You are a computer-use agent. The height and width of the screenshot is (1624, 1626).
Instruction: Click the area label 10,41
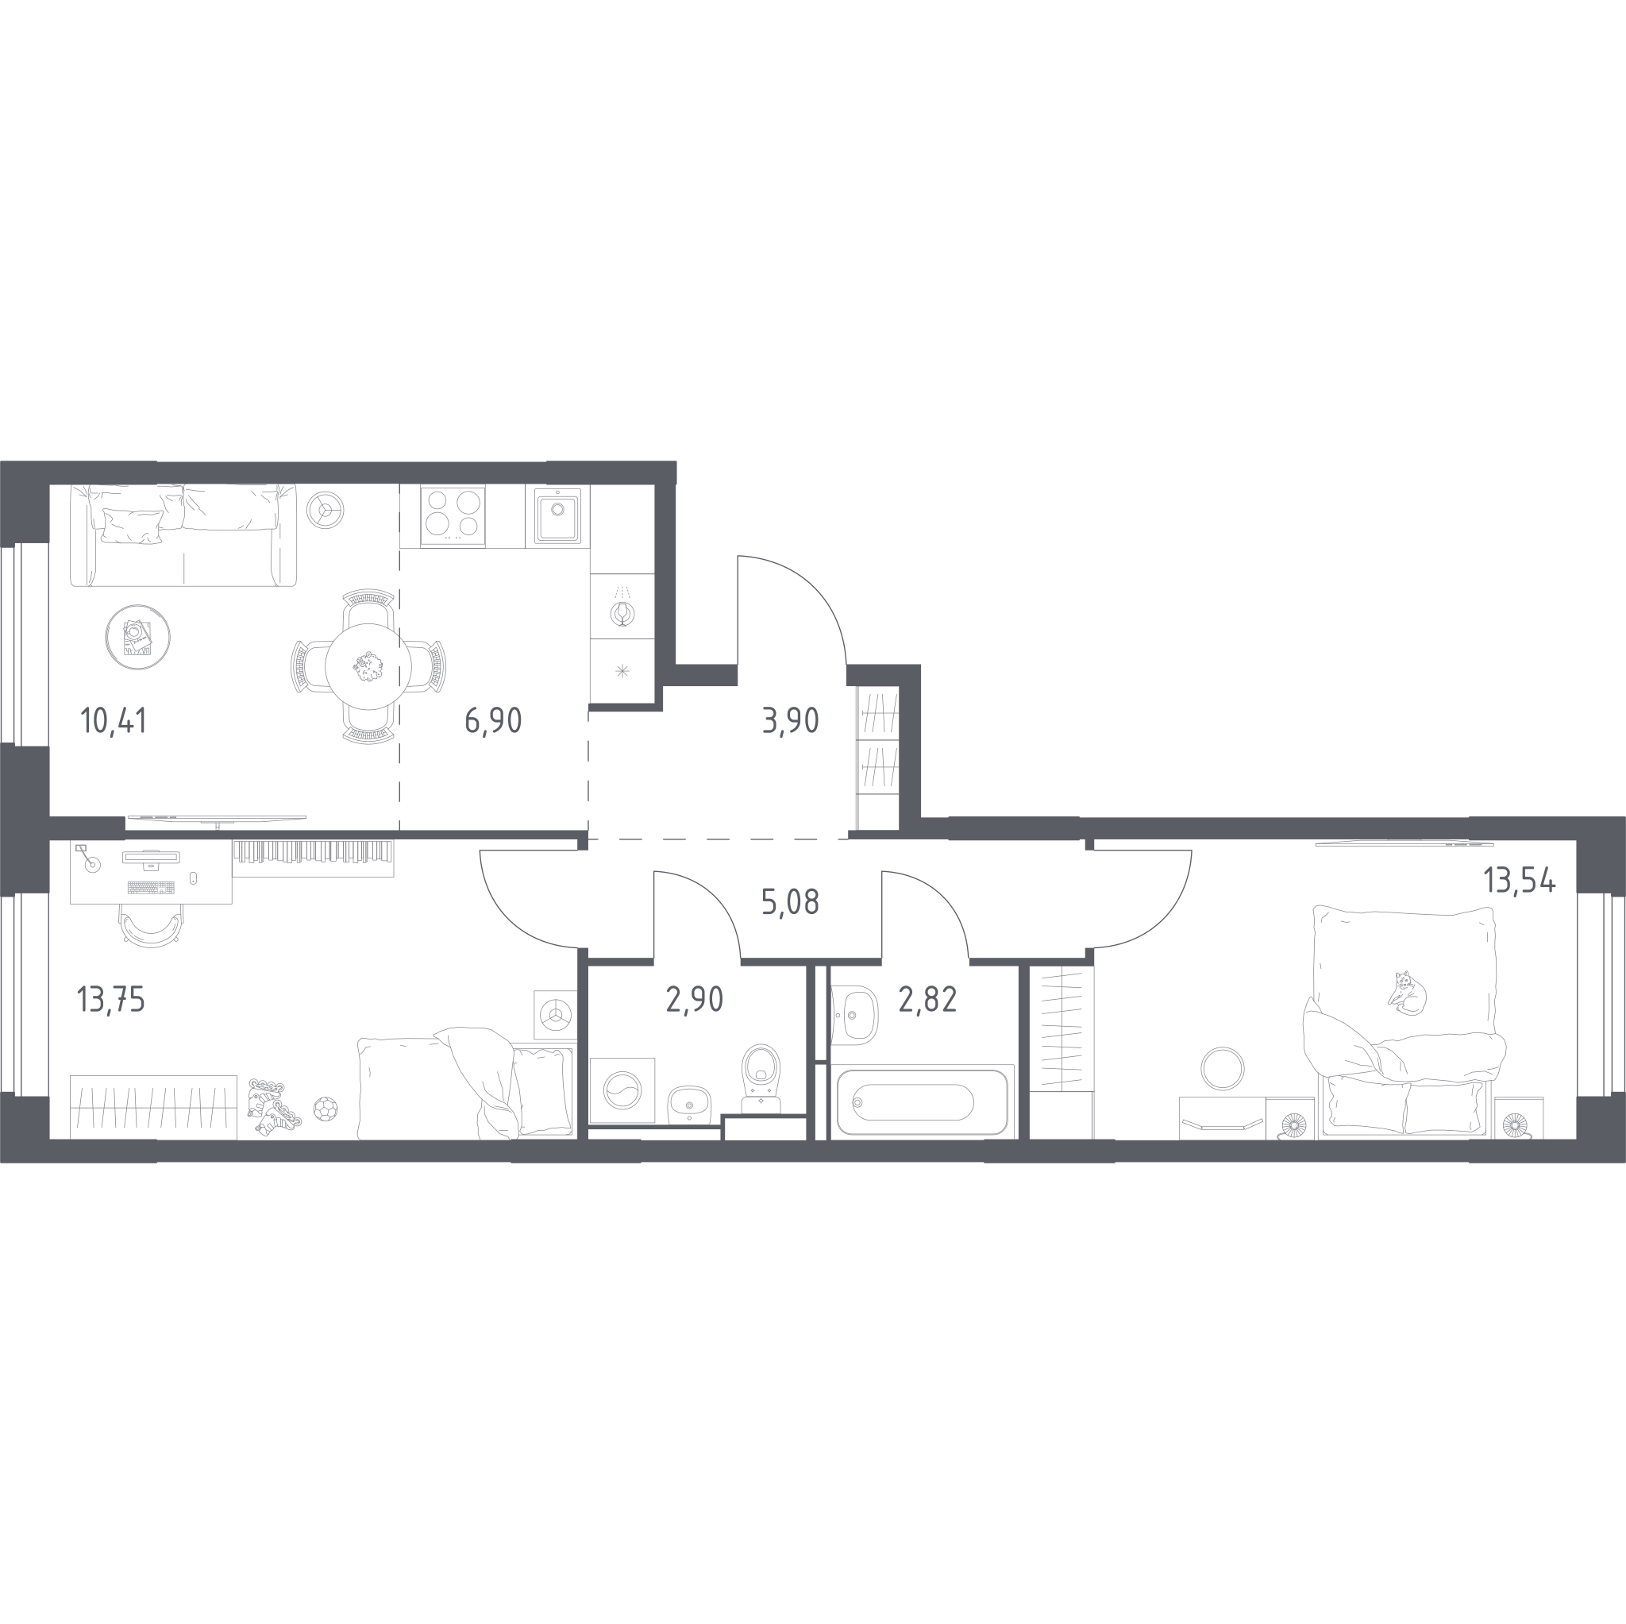click(114, 722)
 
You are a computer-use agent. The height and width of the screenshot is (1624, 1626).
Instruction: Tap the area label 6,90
click(493, 722)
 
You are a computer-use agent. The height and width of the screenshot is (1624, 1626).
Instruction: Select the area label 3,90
click(790, 722)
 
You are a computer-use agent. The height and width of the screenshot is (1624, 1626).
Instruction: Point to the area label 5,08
click(790, 902)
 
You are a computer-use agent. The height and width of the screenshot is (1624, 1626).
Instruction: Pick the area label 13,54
click(1519, 881)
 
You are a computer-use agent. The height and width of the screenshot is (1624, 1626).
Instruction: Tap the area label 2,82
click(927, 999)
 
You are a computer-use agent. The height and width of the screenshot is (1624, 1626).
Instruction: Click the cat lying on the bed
click(1406, 993)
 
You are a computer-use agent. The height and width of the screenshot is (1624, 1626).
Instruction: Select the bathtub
click(923, 1102)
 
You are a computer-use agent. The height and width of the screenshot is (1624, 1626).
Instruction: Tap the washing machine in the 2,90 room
click(622, 1090)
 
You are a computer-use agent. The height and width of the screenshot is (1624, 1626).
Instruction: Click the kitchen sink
click(557, 515)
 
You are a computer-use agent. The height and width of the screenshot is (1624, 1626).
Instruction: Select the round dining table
click(368, 667)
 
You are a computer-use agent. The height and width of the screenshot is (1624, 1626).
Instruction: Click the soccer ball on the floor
click(325, 1108)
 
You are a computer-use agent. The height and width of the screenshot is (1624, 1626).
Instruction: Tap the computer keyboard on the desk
click(152, 887)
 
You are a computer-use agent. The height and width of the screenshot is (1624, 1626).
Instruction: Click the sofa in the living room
click(183, 535)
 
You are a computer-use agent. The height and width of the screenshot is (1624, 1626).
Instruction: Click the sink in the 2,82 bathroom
click(854, 1016)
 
